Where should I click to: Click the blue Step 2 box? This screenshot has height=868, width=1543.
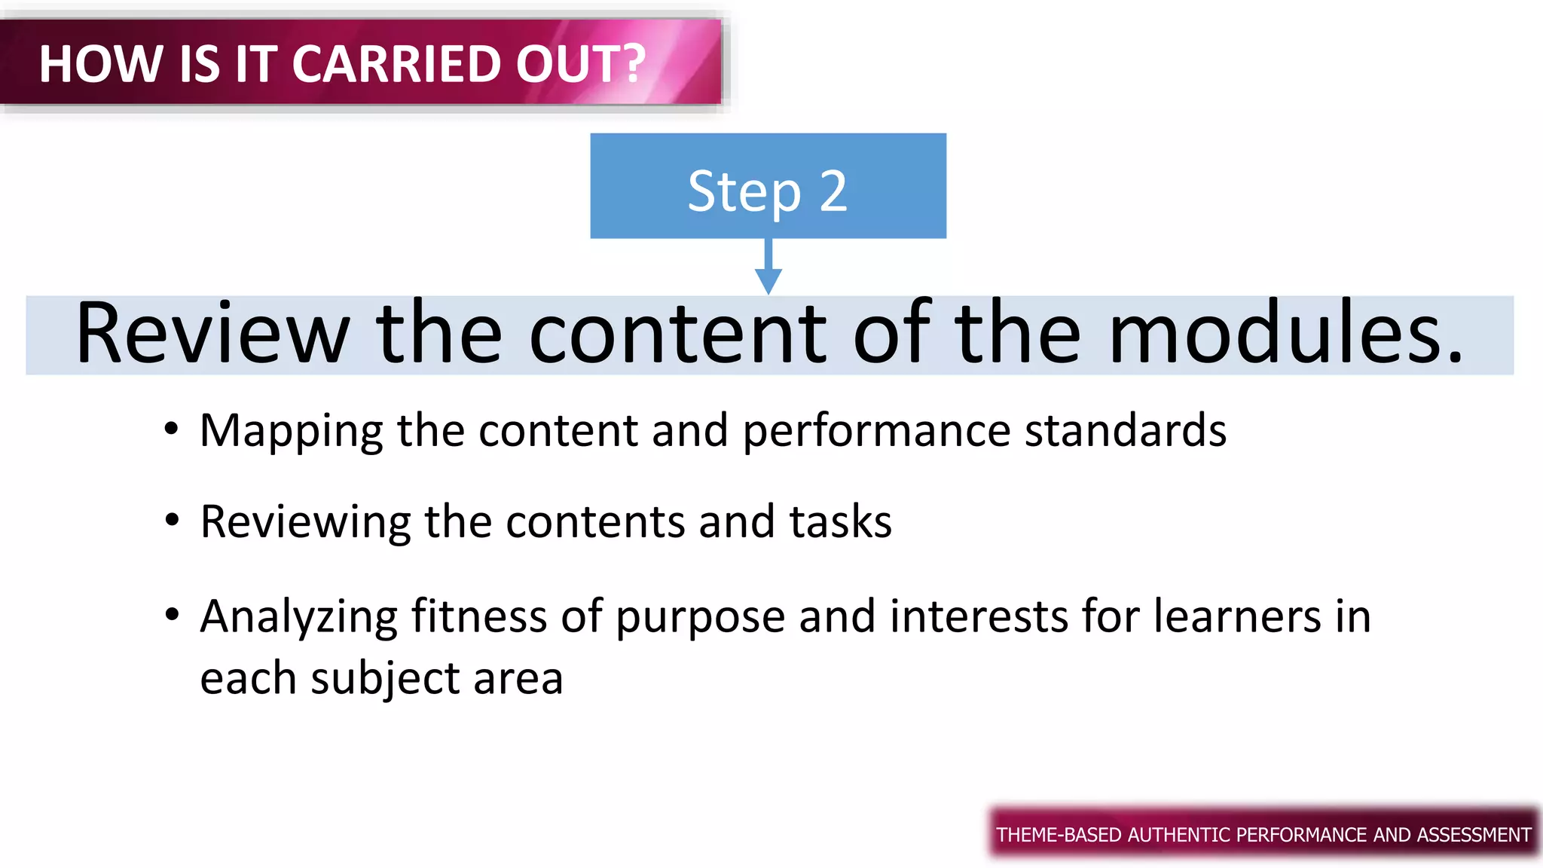coord(768,185)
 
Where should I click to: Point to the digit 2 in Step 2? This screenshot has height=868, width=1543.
coord(833,191)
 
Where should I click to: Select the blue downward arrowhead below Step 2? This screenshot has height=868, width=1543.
coord(768,281)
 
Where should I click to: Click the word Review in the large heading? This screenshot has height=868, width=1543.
coord(212,335)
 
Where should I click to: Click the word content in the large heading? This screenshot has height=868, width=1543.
coord(678,335)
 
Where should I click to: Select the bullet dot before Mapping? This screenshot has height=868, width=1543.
coord(172,429)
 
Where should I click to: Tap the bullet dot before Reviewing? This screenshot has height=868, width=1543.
coord(172,520)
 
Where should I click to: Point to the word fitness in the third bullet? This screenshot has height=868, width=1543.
coord(478,616)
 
